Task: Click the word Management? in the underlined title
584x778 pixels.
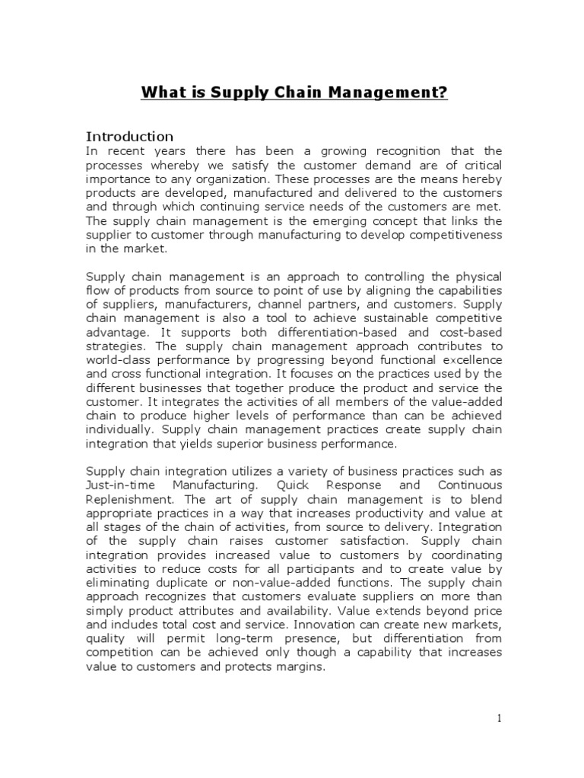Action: [x=390, y=93]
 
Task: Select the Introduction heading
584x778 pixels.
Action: [x=129, y=137]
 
